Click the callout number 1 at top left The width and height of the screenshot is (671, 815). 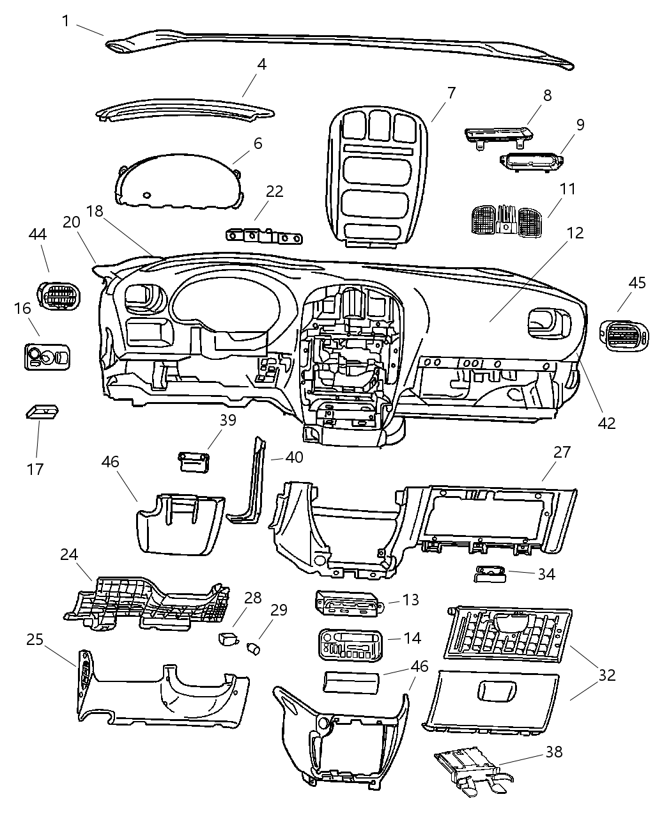tap(66, 21)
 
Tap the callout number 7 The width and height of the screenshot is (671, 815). tap(451, 93)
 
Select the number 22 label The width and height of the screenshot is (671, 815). tap(274, 191)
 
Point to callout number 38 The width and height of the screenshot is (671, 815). tap(553, 752)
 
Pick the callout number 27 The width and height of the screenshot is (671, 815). tap(562, 453)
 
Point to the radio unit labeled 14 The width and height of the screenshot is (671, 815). tap(351, 644)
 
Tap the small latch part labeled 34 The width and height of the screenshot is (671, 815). tap(490, 574)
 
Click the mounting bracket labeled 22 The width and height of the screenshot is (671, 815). tap(264, 237)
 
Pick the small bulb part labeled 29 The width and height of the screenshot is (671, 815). tap(254, 649)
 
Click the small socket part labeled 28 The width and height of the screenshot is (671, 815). tap(228, 638)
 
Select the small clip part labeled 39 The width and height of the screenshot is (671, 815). tap(194, 462)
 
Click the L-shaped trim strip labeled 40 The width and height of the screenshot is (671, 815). tap(254, 486)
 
